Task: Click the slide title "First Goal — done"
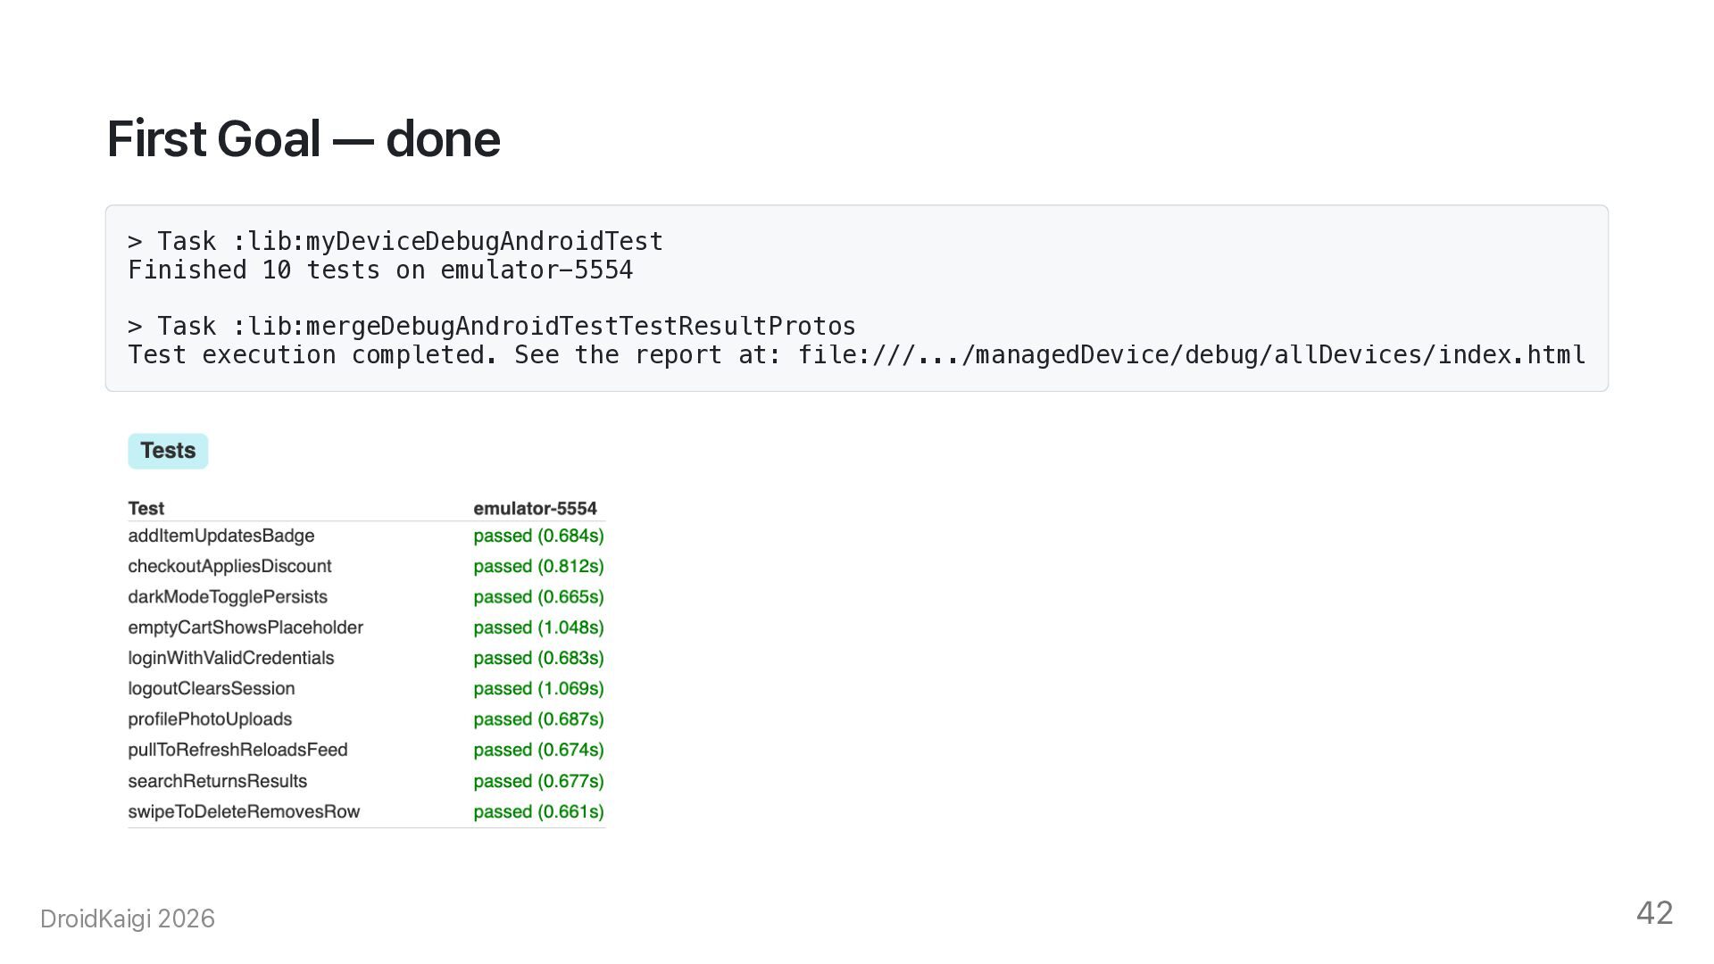click(304, 139)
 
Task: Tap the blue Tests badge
click(168, 451)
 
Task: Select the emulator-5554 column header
click(535, 509)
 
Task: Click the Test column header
click(146, 509)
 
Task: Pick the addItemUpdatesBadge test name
click(221, 536)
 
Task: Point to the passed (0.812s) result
click(538, 567)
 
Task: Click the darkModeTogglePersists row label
click(228, 597)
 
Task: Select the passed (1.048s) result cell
click(538, 627)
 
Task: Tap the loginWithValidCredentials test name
click(231, 658)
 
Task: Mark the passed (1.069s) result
click(538, 689)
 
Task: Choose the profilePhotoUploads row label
click(210, 719)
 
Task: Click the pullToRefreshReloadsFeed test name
click(237, 750)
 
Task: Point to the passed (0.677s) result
click(538, 781)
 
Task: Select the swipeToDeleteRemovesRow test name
click(244, 811)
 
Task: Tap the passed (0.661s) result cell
click(538, 811)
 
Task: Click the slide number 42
click(1654, 913)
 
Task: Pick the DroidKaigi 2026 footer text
click(128, 918)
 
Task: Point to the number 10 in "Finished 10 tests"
click(277, 270)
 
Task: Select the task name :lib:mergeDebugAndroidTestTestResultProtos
click(544, 327)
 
